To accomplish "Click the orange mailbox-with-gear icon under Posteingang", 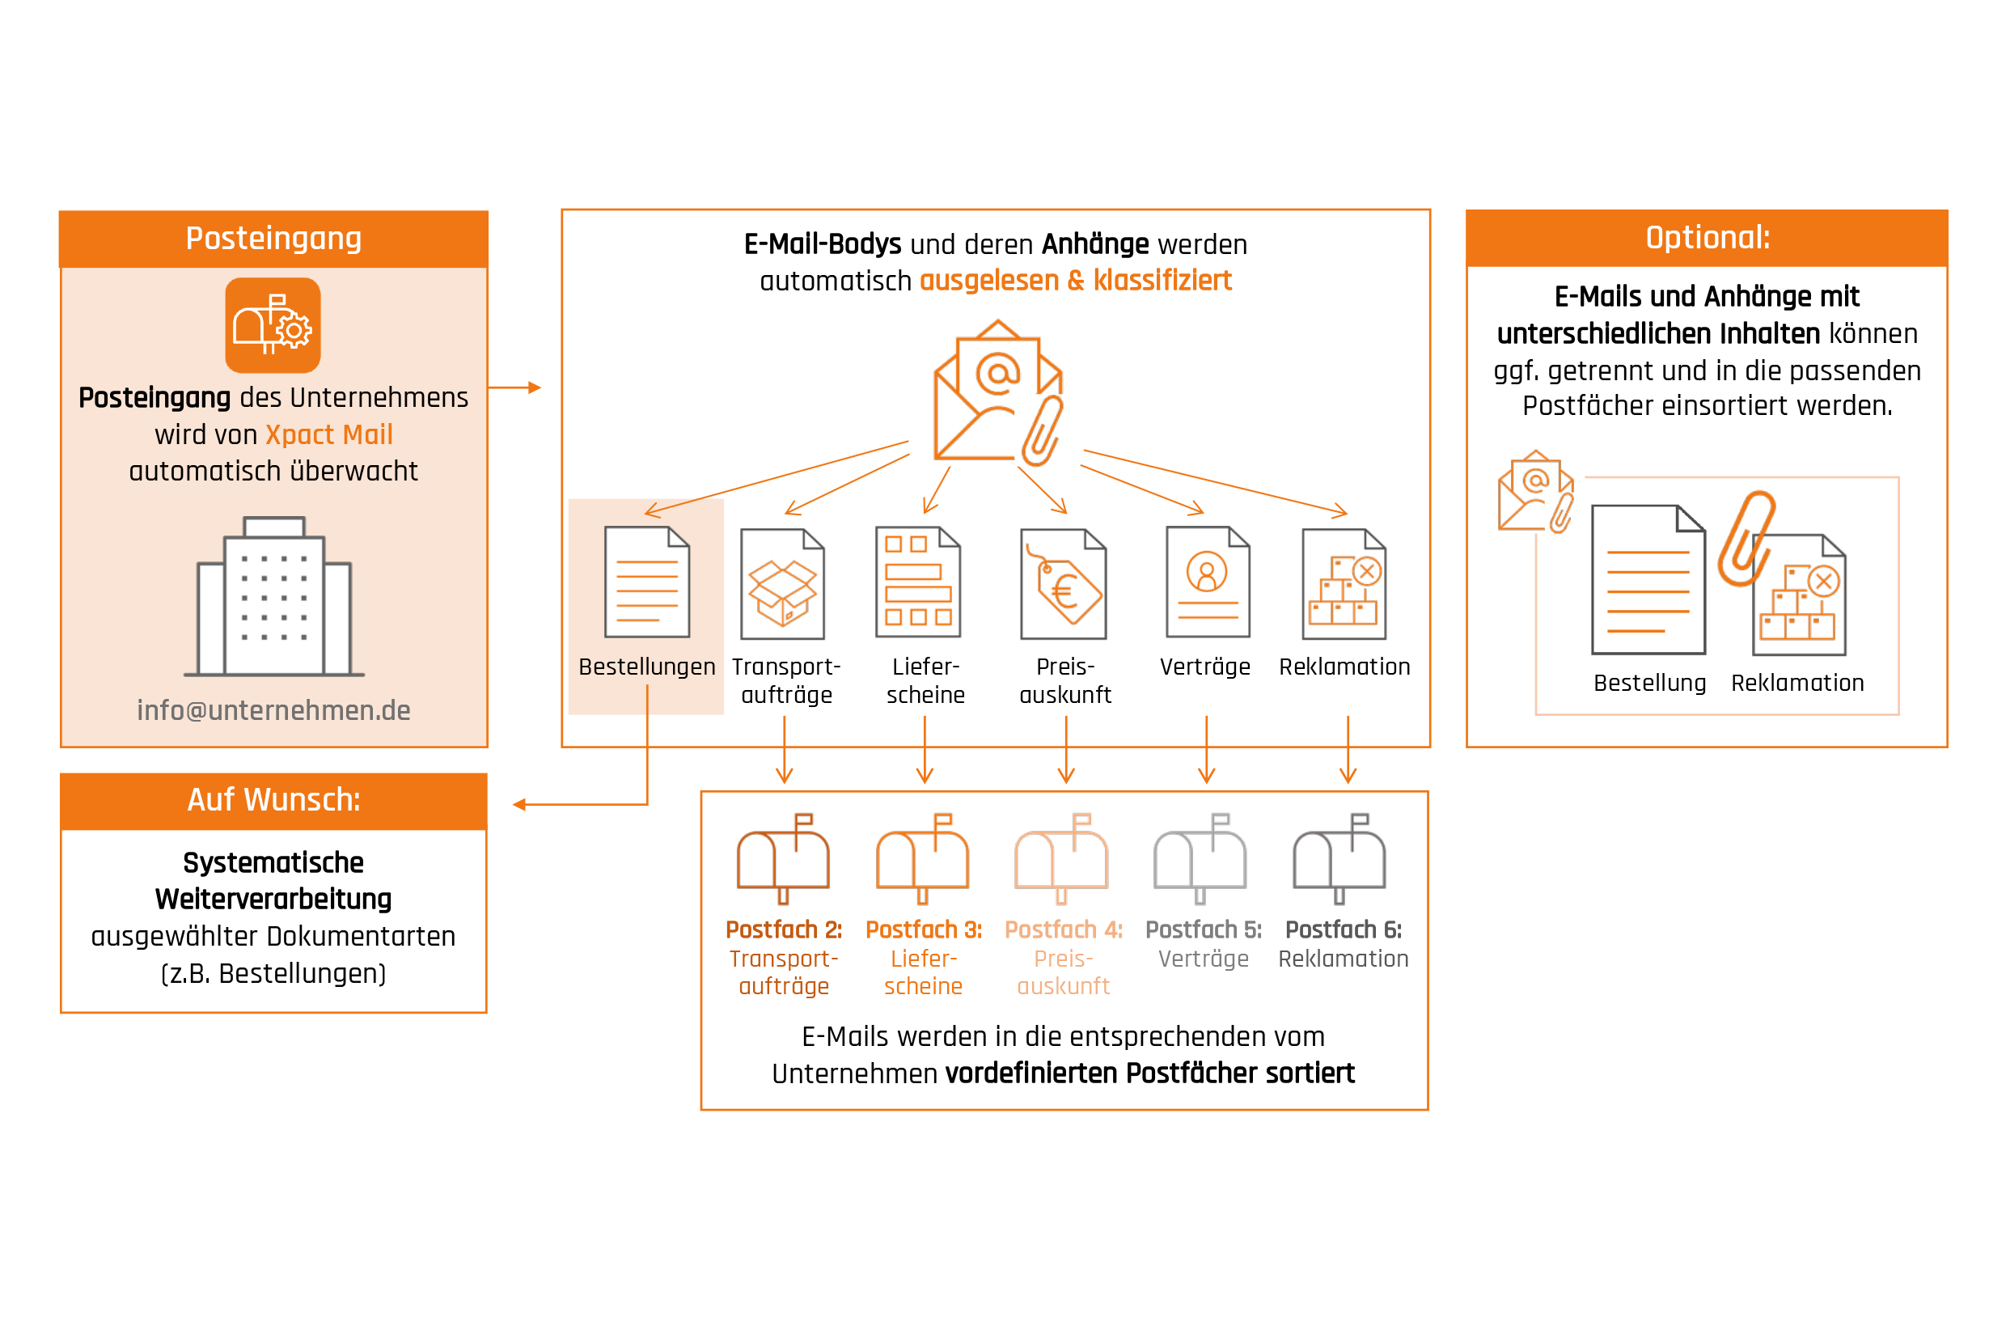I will (x=273, y=325).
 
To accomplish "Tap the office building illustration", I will (x=274, y=596).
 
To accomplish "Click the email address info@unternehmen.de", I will (x=274, y=711).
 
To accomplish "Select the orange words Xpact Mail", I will (x=328, y=434).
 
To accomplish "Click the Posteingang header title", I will (x=274, y=239).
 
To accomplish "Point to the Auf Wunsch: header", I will (x=274, y=799).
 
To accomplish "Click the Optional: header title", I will (x=1708, y=238).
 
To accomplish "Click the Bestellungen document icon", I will (x=647, y=582).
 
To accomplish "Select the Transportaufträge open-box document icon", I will (x=783, y=584).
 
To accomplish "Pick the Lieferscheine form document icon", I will (x=918, y=582).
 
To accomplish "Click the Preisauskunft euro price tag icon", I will (x=1064, y=584).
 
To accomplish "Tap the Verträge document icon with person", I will (x=1208, y=582).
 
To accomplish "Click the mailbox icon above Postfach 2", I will (x=783, y=858).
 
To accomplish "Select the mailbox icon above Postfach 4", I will (x=1061, y=858).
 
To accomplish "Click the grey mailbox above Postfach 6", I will (x=1339, y=858).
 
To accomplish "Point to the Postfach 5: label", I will (x=1204, y=929).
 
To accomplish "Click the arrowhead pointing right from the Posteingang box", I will (x=535, y=387).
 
